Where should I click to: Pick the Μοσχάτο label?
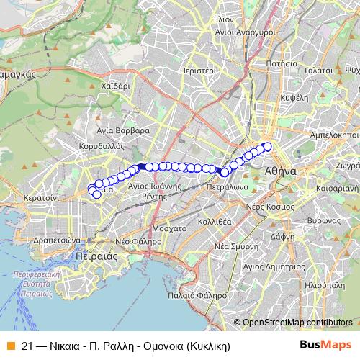pyautogui.click(x=170, y=227)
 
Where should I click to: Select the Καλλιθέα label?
pyautogui.click(x=214, y=222)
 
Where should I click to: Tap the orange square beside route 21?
pyautogui.click(x=9, y=346)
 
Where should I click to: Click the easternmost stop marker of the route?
pyautogui.click(x=268, y=147)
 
